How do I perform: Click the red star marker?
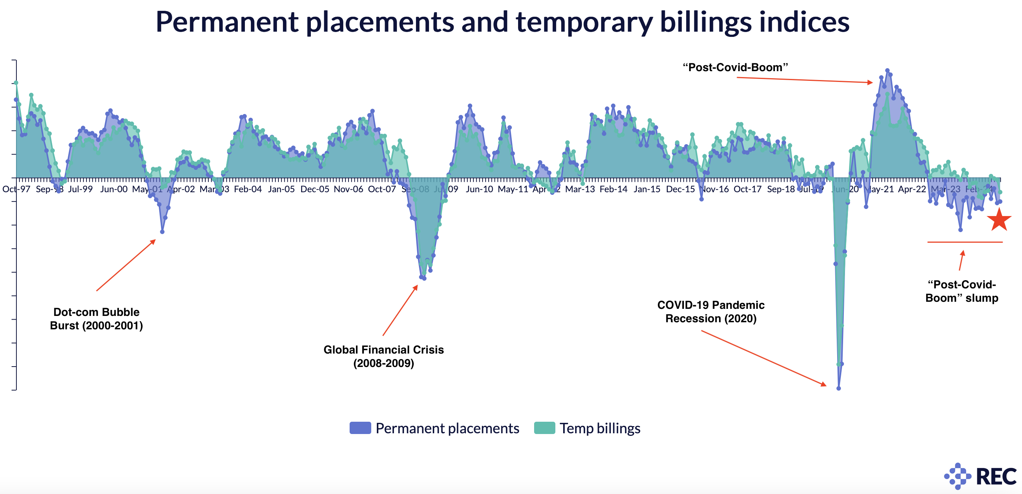(x=999, y=219)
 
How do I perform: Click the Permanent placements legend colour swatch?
(x=360, y=428)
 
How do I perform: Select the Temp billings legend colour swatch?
(x=544, y=428)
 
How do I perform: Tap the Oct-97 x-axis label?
(x=16, y=189)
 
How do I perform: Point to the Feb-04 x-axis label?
(x=248, y=189)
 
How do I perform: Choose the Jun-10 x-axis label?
(x=479, y=189)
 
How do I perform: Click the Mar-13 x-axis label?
(x=580, y=189)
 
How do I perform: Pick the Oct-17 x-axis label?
(x=747, y=189)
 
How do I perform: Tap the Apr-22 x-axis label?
(x=912, y=189)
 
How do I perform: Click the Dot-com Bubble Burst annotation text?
(x=97, y=319)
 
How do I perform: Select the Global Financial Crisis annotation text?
(x=384, y=357)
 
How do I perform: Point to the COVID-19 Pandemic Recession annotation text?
(x=711, y=311)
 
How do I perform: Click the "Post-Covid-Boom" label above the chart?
(x=735, y=67)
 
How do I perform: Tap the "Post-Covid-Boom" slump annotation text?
(x=962, y=291)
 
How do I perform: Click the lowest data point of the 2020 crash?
(x=838, y=388)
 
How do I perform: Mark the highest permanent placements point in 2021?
(x=887, y=70)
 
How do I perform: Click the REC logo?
(x=980, y=476)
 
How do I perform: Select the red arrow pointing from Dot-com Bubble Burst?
(x=126, y=265)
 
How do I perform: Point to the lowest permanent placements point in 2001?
(x=162, y=231)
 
